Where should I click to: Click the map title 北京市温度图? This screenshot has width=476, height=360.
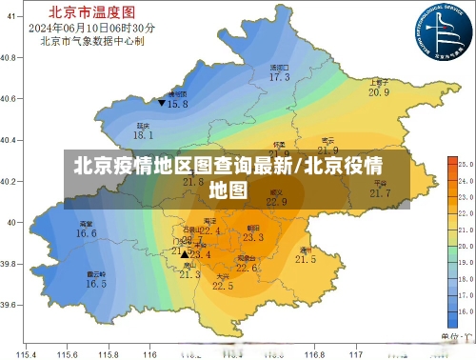(x=80, y=12)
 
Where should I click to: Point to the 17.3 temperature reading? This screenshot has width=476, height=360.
(x=279, y=77)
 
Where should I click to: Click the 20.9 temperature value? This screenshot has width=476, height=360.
(x=379, y=92)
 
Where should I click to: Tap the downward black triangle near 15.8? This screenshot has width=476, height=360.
(x=163, y=102)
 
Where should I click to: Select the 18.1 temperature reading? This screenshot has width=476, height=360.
(x=143, y=136)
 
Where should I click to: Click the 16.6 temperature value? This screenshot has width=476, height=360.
(x=87, y=233)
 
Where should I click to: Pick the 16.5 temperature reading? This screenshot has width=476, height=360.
(x=96, y=284)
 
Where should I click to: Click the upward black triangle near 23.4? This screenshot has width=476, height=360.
(x=185, y=254)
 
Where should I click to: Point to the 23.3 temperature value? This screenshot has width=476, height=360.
(x=253, y=237)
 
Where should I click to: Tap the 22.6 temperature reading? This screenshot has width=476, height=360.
(x=247, y=269)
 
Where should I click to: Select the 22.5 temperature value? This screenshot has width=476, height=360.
(x=222, y=286)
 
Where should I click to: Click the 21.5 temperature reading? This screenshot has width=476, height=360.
(x=306, y=259)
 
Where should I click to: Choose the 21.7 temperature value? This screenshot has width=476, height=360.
(x=380, y=193)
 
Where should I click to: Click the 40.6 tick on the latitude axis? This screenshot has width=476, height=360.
(x=10, y=99)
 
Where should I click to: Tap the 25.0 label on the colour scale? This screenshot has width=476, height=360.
(x=466, y=164)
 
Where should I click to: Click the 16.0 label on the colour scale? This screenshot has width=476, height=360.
(x=466, y=311)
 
